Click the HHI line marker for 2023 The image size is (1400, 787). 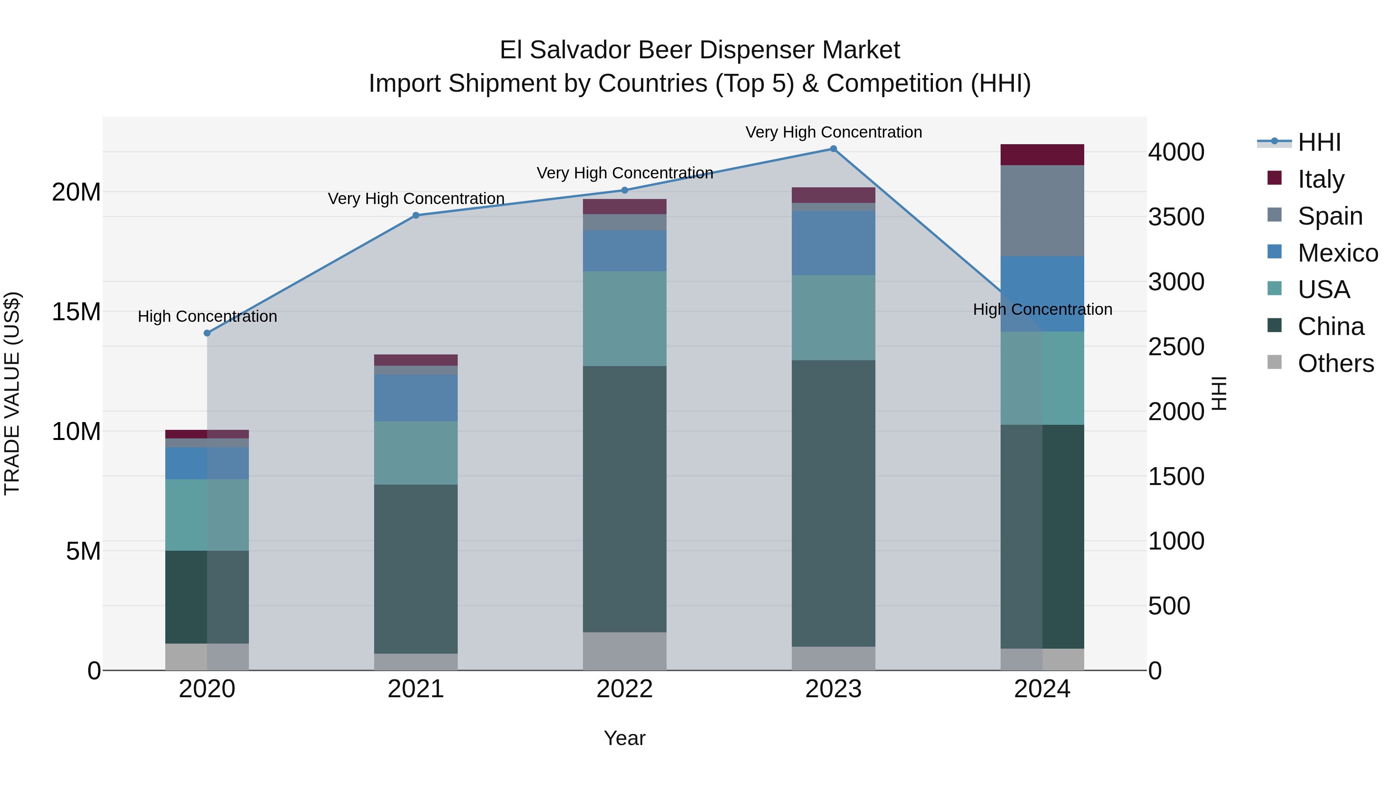coord(833,149)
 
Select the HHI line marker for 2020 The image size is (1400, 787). coord(207,333)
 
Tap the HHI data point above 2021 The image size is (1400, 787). coord(416,216)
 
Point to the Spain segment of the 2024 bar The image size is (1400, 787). coord(1042,211)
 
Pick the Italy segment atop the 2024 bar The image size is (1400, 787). coord(1042,155)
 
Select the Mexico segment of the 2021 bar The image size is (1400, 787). coord(416,398)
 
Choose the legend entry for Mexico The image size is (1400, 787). coord(1337,253)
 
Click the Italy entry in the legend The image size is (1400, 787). coord(1321,179)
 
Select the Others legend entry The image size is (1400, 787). coord(1335,363)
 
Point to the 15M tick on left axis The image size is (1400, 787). coord(76,312)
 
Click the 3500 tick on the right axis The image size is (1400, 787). coord(1176,217)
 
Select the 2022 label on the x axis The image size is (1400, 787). coord(625,689)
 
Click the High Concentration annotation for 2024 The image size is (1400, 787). coord(1042,310)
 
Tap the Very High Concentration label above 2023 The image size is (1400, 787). coord(833,132)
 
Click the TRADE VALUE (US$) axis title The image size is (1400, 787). coord(12,393)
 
